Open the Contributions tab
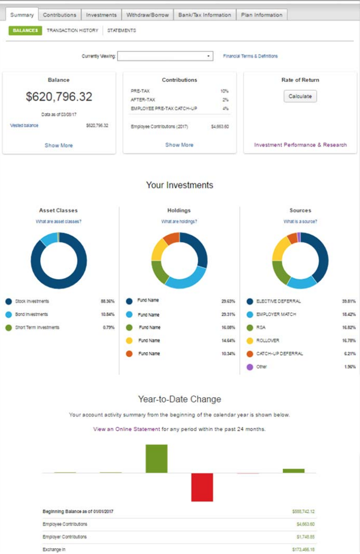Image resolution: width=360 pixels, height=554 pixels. [60, 15]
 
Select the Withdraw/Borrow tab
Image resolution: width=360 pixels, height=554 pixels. [148, 15]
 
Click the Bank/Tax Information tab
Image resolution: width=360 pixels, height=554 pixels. [204, 15]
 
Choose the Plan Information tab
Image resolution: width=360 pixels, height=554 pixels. [261, 15]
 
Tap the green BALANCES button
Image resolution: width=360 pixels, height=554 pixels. [25, 31]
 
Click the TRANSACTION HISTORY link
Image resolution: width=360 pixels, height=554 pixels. [73, 31]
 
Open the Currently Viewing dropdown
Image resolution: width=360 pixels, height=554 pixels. [165, 56]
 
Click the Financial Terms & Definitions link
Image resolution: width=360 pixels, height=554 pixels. [250, 56]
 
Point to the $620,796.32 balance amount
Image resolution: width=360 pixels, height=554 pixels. [59, 96]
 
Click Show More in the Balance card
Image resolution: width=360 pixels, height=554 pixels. [59, 145]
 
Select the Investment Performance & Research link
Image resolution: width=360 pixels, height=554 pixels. [301, 145]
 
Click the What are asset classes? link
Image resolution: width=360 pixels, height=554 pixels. [59, 221]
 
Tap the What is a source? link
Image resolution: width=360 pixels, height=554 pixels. [300, 221]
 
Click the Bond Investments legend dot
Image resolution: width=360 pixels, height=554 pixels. [8, 315]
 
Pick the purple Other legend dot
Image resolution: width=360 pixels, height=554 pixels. [250, 367]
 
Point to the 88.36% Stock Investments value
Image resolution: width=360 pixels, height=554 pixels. [107, 301]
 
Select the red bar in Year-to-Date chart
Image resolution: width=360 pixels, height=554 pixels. [202, 487]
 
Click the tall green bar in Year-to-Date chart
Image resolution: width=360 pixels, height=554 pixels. [156, 459]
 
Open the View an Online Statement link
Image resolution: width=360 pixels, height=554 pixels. [127, 429]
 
